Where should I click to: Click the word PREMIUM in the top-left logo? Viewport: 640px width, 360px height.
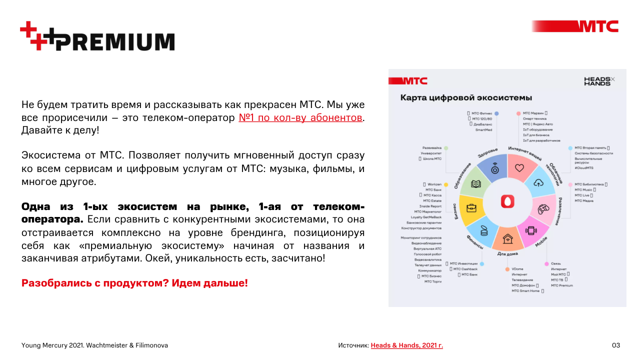[115, 41]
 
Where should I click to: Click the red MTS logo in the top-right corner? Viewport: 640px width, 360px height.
[598, 26]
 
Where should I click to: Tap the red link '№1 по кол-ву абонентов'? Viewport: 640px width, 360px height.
[300, 118]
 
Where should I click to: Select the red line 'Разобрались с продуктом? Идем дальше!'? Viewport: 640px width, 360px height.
[134, 283]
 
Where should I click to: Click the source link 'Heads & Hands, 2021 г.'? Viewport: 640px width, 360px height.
[406, 345]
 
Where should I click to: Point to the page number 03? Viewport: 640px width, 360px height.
[616, 345]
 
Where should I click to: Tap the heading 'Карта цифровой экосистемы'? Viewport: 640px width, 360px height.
[466, 97]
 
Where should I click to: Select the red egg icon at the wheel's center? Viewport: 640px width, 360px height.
[508, 201]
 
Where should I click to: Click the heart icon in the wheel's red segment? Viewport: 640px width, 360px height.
[519, 168]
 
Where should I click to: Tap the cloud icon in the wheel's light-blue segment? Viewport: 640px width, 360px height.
[539, 182]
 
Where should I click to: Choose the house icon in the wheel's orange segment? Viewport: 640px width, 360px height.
[507, 238]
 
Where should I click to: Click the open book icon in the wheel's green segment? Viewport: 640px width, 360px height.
[476, 183]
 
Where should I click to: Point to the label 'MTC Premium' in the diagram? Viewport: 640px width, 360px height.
[562, 285]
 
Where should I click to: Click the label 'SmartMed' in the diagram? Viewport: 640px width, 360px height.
[483, 129]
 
